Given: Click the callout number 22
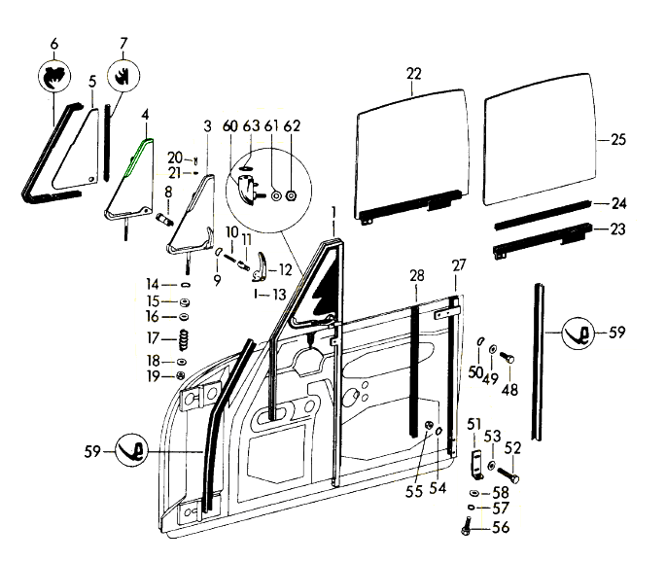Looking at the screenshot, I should (414, 73).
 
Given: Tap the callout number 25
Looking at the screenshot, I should (617, 139).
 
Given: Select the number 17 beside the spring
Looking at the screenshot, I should (154, 338).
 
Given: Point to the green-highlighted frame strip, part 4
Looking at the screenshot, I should (135, 160).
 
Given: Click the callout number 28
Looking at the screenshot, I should (416, 276).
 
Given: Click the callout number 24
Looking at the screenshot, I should (617, 204).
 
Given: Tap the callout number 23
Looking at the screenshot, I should (617, 229).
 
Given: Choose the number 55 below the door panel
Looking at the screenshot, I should (414, 492).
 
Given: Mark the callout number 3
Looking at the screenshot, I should (207, 125).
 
